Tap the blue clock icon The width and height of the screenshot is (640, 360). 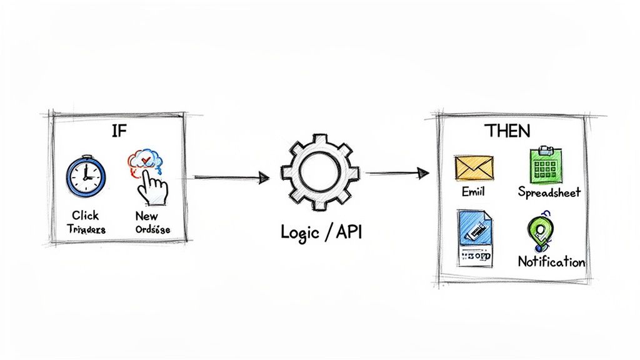[x=86, y=176]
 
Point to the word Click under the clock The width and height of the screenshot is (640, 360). [x=85, y=216]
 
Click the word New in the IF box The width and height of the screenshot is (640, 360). [x=146, y=216]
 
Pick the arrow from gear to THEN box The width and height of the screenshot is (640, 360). [x=397, y=172]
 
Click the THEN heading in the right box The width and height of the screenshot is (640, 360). [x=507, y=131]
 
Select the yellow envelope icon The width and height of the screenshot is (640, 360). [x=474, y=167]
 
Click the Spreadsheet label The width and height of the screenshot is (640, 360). [x=549, y=192]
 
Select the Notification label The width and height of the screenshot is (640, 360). [x=551, y=262]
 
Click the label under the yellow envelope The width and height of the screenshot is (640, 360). [x=472, y=192]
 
